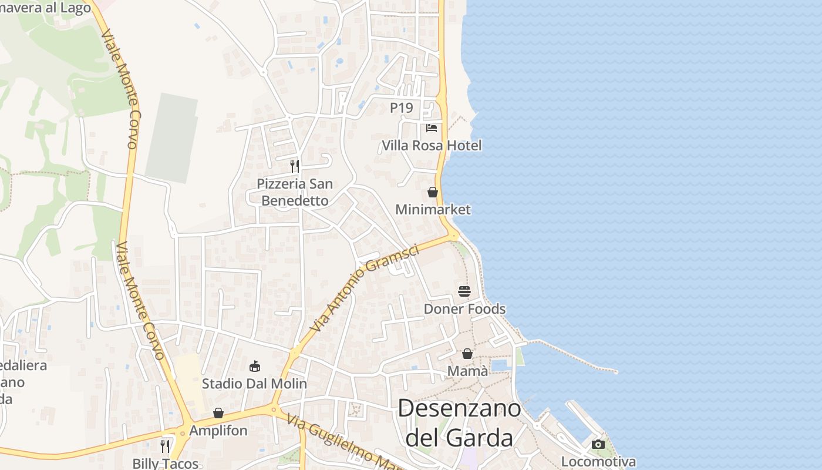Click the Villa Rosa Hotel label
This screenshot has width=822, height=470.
pos(432,145)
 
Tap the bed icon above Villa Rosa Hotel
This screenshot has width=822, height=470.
pos(432,127)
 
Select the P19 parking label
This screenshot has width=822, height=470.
pos(402,108)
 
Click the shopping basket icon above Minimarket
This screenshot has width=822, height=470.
pos(433,192)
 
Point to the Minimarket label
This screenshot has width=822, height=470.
pos(433,209)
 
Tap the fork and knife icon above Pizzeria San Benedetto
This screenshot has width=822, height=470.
pos(295,166)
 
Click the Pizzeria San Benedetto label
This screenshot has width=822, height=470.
pos(295,192)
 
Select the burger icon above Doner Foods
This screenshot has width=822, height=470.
pos(464,291)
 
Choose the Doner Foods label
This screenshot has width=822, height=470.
pos(464,308)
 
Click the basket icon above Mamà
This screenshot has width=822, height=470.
pos(467,354)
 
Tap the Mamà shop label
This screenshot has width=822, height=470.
pos(467,371)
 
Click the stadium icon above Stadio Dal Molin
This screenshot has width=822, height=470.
pos(255,366)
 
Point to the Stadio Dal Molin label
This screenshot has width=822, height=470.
pos(254,384)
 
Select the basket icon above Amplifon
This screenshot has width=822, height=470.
pos(218,413)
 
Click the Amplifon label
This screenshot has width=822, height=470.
pos(218,430)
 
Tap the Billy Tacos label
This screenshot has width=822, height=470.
pos(166,463)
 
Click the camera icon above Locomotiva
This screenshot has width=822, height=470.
pos(598,444)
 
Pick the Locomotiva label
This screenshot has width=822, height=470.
pos(598,461)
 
